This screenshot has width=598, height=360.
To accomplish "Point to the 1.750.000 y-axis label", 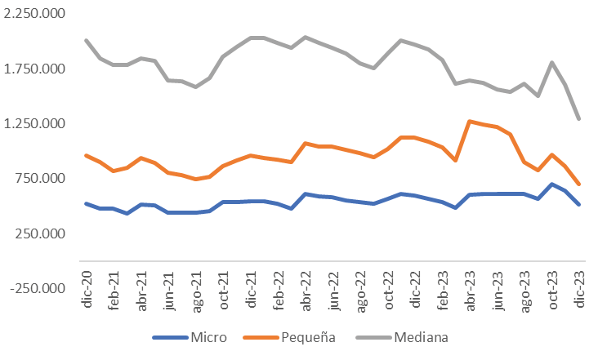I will point(36,69).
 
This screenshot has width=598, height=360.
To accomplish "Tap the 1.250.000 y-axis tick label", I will point(36,123).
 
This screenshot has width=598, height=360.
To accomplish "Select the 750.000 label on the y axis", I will point(42,179).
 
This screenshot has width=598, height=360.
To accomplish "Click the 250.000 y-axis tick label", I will point(42,233).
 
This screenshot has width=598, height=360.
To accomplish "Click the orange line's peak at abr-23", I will point(470,122).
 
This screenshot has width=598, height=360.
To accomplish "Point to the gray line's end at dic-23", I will point(579,119).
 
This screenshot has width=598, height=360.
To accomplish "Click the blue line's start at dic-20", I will point(86,203).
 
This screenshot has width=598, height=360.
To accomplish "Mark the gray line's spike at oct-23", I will point(552,63).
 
